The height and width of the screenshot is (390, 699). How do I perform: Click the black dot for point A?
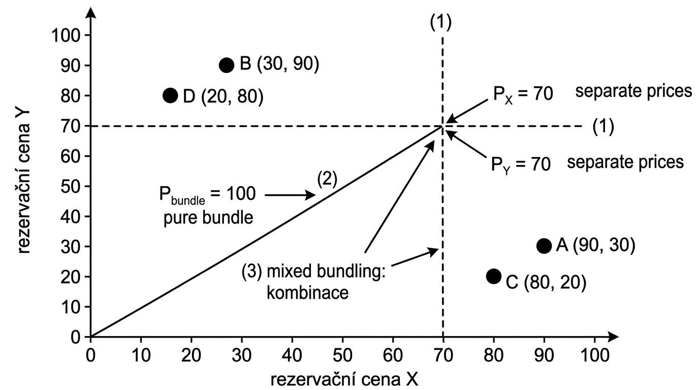coord(544,246)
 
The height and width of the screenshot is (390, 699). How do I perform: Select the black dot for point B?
coord(227,65)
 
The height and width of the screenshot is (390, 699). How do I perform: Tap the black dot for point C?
coord(493,276)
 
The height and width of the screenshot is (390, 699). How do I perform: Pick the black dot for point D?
coord(170,95)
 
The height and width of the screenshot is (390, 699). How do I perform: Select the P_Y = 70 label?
coord(521,164)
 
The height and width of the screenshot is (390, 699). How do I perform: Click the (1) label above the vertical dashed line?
coord(440,22)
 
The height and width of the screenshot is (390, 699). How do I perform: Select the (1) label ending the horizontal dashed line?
coord(603,126)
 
